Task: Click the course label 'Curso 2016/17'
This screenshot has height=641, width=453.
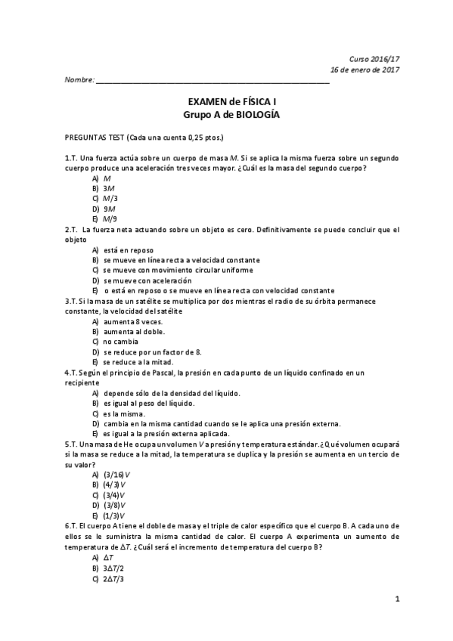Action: click(x=374, y=59)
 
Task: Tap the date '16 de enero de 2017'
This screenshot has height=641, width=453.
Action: click(x=365, y=70)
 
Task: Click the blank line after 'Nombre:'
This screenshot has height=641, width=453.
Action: click(x=213, y=79)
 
